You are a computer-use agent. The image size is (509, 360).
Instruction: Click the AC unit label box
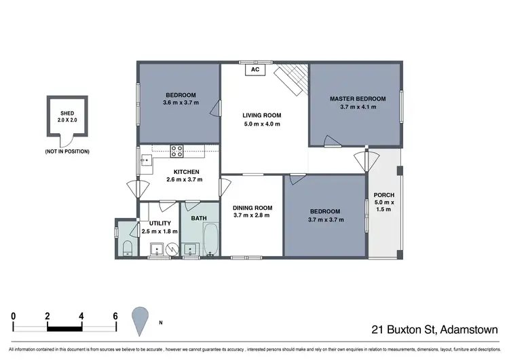[256, 69]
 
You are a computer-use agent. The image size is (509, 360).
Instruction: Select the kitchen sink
[146, 160]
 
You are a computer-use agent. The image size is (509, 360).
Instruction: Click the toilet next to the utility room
[127, 247]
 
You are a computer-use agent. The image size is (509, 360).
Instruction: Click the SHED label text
[67, 113]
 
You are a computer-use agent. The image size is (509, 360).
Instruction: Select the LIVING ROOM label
[261, 115]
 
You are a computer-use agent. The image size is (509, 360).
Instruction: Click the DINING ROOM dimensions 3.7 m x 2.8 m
[252, 216]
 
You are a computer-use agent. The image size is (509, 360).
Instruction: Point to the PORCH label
[384, 195]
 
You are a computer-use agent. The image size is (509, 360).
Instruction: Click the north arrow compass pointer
[140, 320]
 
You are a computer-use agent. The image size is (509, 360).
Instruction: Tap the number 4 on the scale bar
[81, 316]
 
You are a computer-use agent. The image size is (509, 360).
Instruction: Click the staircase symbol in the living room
[292, 78]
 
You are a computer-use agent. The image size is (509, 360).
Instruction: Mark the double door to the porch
[366, 162]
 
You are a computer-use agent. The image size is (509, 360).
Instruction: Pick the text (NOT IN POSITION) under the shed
[67, 151]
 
